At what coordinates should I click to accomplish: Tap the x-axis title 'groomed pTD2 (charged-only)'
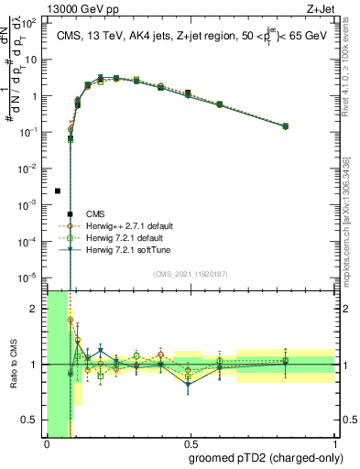(260, 457)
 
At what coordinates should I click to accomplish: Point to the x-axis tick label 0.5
(191, 443)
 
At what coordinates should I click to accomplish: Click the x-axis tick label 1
(335, 443)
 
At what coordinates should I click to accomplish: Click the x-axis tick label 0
(47, 443)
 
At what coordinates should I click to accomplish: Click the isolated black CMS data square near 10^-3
(58, 191)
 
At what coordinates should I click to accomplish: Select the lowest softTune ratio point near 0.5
(189, 384)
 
